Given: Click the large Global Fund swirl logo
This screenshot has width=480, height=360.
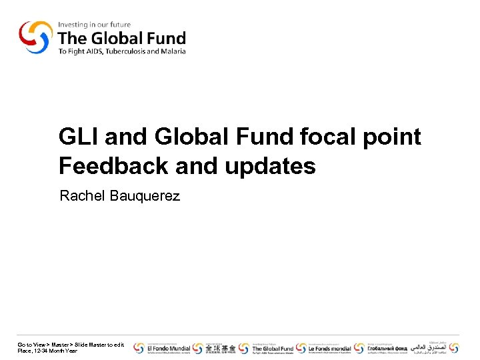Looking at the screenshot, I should pyautogui.click(x=35, y=37).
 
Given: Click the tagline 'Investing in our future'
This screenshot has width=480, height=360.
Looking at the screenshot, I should pyautogui.click(x=94, y=25).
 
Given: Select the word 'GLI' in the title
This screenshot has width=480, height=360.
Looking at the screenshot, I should pyautogui.click(x=79, y=137).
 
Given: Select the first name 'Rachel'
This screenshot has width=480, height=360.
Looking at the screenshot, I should pyautogui.click(x=80, y=196).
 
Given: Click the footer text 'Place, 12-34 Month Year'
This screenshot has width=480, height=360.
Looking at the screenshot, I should pyautogui.click(x=47, y=351).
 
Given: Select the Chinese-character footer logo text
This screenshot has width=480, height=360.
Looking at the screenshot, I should pyautogui.click(x=219, y=348).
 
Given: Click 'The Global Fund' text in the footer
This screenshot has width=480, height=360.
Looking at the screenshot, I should pyautogui.click(x=273, y=348).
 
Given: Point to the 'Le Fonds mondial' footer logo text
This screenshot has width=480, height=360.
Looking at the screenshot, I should pyautogui.click(x=329, y=348).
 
